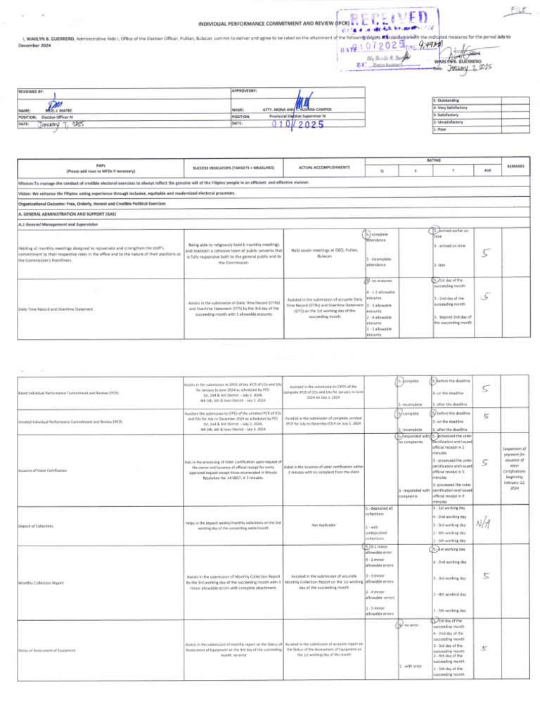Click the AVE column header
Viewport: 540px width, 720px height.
click(487, 170)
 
